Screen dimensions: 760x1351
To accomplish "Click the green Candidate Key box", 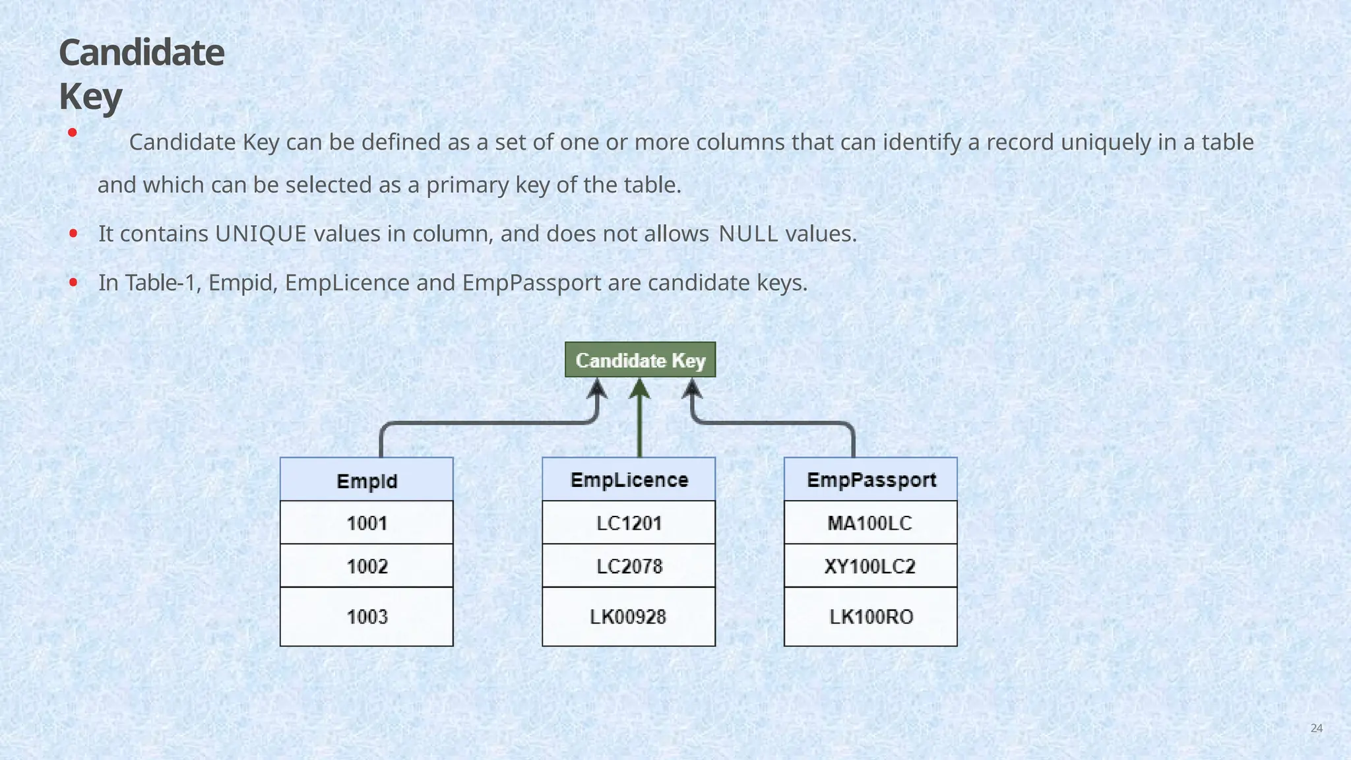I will click(x=640, y=360).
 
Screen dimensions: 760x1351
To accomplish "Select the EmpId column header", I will click(x=367, y=480).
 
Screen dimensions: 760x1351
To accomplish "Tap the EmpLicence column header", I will click(x=629, y=480).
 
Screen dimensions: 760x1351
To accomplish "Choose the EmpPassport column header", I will click(x=871, y=480).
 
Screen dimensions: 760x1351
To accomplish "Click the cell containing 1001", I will click(x=367, y=523).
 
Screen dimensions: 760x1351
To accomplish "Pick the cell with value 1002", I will click(x=367, y=566).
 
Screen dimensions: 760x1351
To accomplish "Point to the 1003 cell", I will click(x=367, y=617).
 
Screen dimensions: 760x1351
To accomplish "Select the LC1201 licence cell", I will click(x=629, y=523).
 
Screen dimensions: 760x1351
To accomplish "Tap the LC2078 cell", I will click(x=629, y=566).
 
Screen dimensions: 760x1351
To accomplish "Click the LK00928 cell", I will click(x=629, y=617).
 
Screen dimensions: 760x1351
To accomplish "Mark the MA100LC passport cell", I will click(x=871, y=523).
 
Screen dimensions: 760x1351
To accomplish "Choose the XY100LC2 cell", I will click(x=871, y=566).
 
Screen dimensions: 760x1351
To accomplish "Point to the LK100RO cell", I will click(x=871, y=617).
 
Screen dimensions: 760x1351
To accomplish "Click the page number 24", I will click(x=1316, y=728).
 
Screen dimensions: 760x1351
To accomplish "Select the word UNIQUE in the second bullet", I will click(x=261, y=234).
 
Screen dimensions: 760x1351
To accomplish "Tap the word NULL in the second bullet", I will click(x=748, y=234).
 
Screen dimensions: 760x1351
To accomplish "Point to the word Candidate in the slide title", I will click(x=142, y=53).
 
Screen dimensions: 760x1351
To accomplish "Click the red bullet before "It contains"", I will click(x=73, y=233).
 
